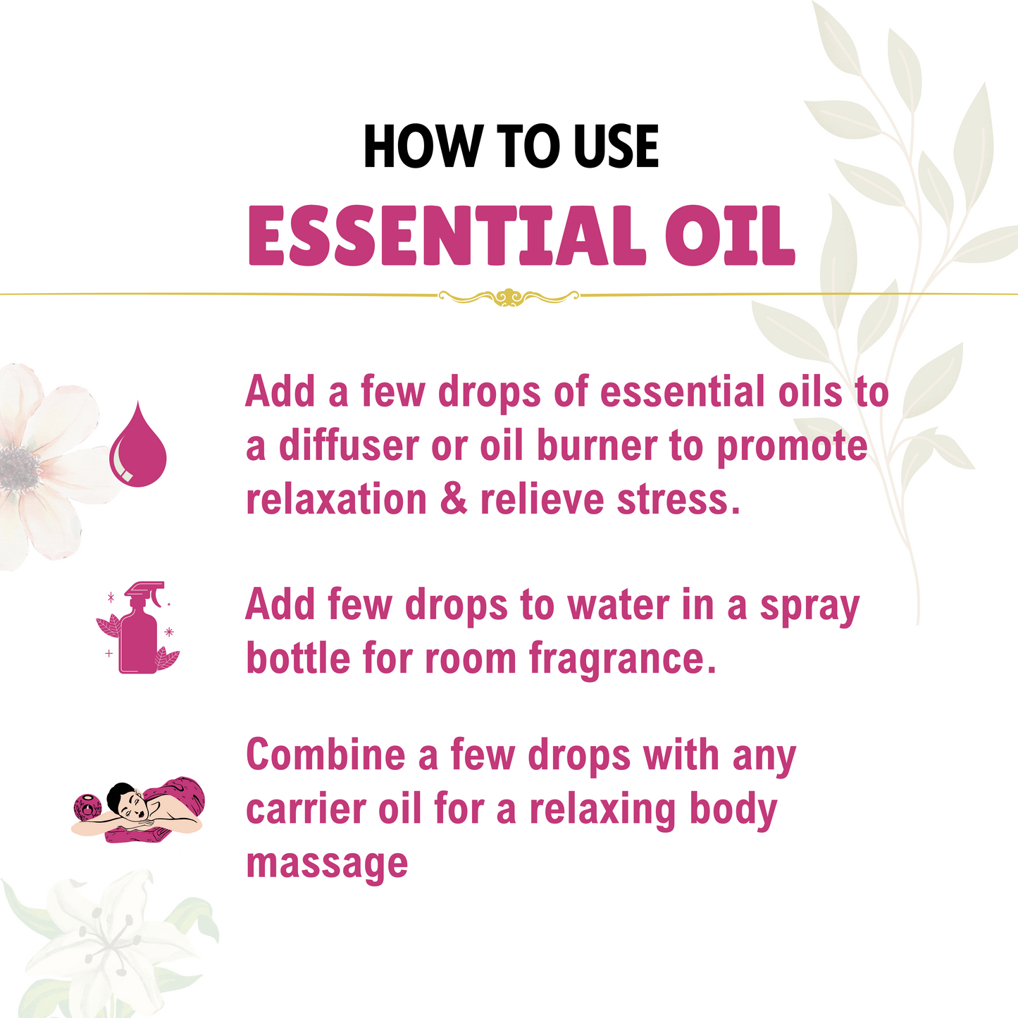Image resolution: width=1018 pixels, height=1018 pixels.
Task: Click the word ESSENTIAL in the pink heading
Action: pyautogui.click(x=447, y=236)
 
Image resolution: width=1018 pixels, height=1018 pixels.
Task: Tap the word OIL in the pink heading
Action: pyautogui.click(x=730, y=236)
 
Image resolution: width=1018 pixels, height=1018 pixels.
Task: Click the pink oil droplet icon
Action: pyautogui.click(x=137, y=445)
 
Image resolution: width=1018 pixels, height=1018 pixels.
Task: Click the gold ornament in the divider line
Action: pyautogui.click(x=509, y=297)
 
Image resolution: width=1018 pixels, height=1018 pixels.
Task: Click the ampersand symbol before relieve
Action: pyautogui.click(x=454, y=499)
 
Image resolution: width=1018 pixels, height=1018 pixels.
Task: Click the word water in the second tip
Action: pyautogui.click(x=618, y=605)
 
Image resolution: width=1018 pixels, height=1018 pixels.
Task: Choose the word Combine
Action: pyautogui.click(x=325, y=755)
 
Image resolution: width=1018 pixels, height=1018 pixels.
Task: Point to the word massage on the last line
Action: pyautogui.click(x=327, y=863)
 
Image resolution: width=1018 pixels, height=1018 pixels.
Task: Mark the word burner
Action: pyautogui.click(x=597, y=446)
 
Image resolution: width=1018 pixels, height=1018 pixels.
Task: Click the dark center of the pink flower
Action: pyautogui.click(x=19, y=467)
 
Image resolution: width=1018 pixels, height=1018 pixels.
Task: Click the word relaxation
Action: pyautogui.click(x=336, y=499)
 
